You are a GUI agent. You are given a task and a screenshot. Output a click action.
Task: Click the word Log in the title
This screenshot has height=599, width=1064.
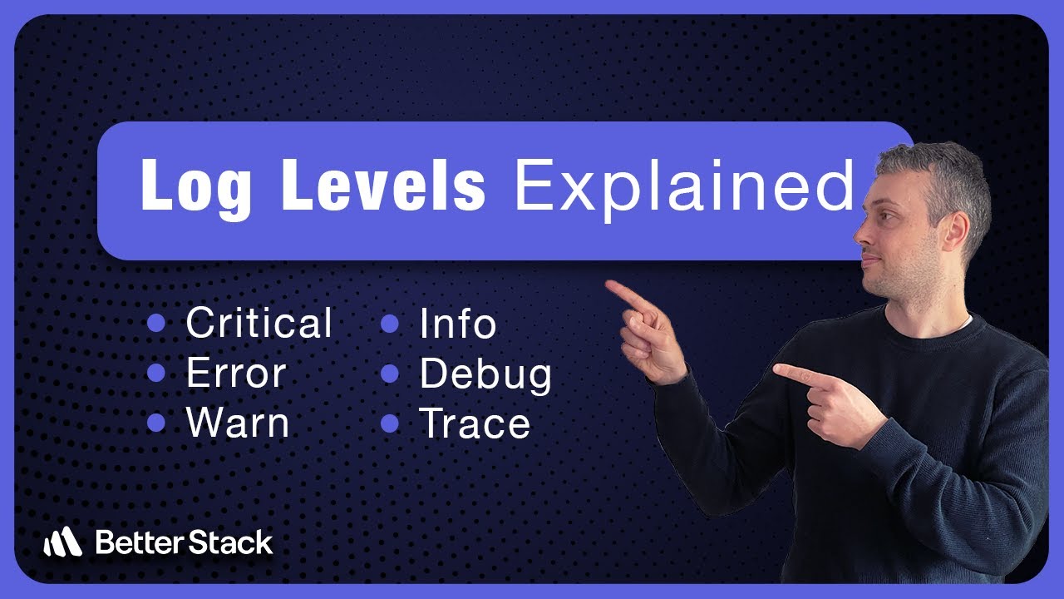[196, 186]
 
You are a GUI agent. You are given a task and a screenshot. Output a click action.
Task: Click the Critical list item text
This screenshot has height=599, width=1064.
[259, 324]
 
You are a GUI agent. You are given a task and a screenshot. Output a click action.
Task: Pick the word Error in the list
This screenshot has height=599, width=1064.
[236, 374]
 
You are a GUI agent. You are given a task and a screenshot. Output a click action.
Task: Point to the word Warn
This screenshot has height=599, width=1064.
[238, 423]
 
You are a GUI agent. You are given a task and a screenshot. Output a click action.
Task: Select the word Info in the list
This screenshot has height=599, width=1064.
[458, 324]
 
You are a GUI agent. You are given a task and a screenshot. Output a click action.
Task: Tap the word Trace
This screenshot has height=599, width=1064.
[475, 423]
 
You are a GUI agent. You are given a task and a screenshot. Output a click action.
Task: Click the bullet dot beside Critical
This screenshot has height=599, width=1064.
[155, 324]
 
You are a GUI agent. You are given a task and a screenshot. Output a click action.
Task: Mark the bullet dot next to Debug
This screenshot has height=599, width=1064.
[390, 374]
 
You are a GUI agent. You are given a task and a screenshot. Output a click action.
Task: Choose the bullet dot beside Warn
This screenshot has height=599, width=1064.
[155, 423]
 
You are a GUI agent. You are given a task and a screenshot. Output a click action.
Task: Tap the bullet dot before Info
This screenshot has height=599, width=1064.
[390, 324]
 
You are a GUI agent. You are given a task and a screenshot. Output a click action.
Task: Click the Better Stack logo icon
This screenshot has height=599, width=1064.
[62, 543]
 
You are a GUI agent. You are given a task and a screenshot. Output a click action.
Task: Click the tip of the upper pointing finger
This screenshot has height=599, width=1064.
[609, 285]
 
